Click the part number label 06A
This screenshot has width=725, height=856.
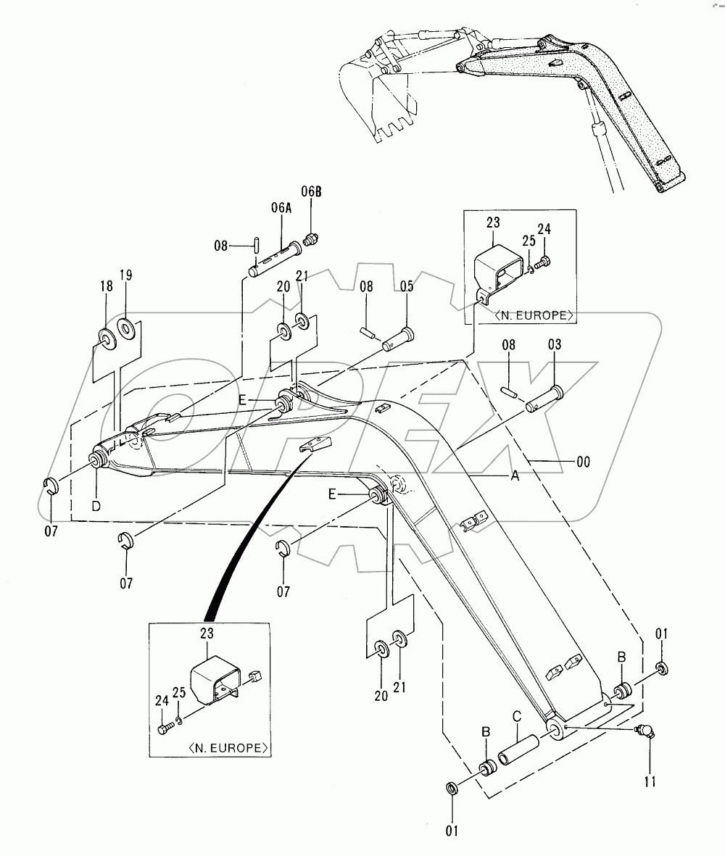click(x=281, y=207)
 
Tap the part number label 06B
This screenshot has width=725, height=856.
click(x=311, y=191)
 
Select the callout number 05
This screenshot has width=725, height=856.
click(x=406, y=286)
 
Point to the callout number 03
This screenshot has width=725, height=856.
click(x=555, y=347)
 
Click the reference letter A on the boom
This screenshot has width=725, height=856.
click(x=515, y=475)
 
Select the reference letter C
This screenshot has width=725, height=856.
click(x=517, y=716)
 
